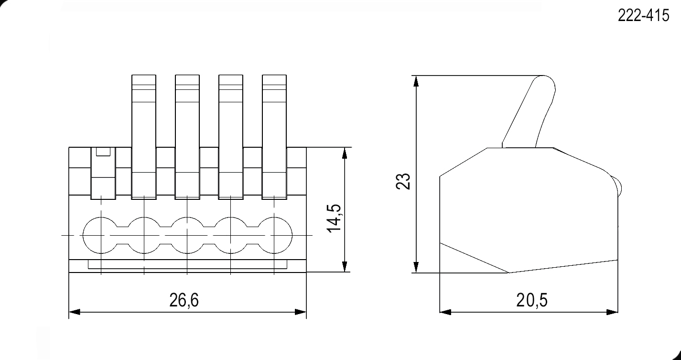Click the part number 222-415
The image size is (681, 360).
(x=643, y=15)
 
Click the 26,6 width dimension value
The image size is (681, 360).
(x=184, y=300)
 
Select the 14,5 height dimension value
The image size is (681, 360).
(x=335, y=218)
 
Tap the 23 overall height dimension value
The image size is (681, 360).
(x=403, y=181)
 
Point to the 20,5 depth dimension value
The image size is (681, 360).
(x=532, y=300)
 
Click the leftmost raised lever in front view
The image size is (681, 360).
(x=144, y=137)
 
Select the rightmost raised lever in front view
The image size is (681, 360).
(x=274, y=137)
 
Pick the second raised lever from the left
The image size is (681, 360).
(x=187, y=137)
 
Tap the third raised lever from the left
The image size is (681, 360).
(x=231, y=137)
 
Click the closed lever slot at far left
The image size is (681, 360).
(x=103, y=174)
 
